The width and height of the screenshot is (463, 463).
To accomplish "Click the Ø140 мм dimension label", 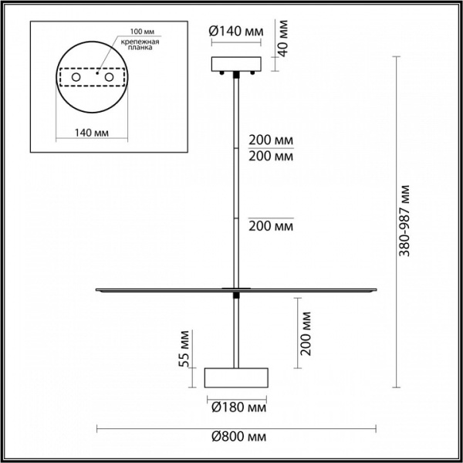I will tap(236, 32).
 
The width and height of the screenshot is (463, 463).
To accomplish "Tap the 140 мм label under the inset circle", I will tap(91, 133).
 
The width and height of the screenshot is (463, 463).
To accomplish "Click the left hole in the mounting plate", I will tap(76, 79).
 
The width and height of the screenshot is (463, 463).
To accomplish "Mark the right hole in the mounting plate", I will tap(110, 79).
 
